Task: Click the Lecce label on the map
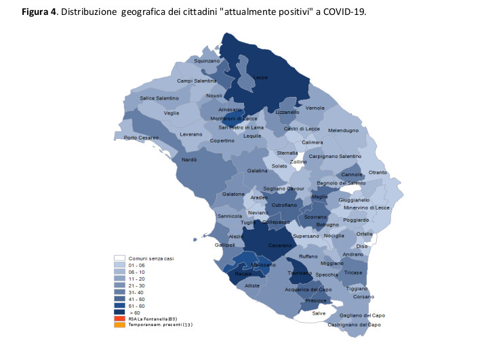click(261, 77)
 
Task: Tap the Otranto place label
click(378, 173)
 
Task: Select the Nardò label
click(189, 160)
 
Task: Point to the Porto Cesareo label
click(141, 138)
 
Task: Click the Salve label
click(319, 313)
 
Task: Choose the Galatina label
click(258, 171)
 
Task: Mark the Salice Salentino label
click(159, 98)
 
